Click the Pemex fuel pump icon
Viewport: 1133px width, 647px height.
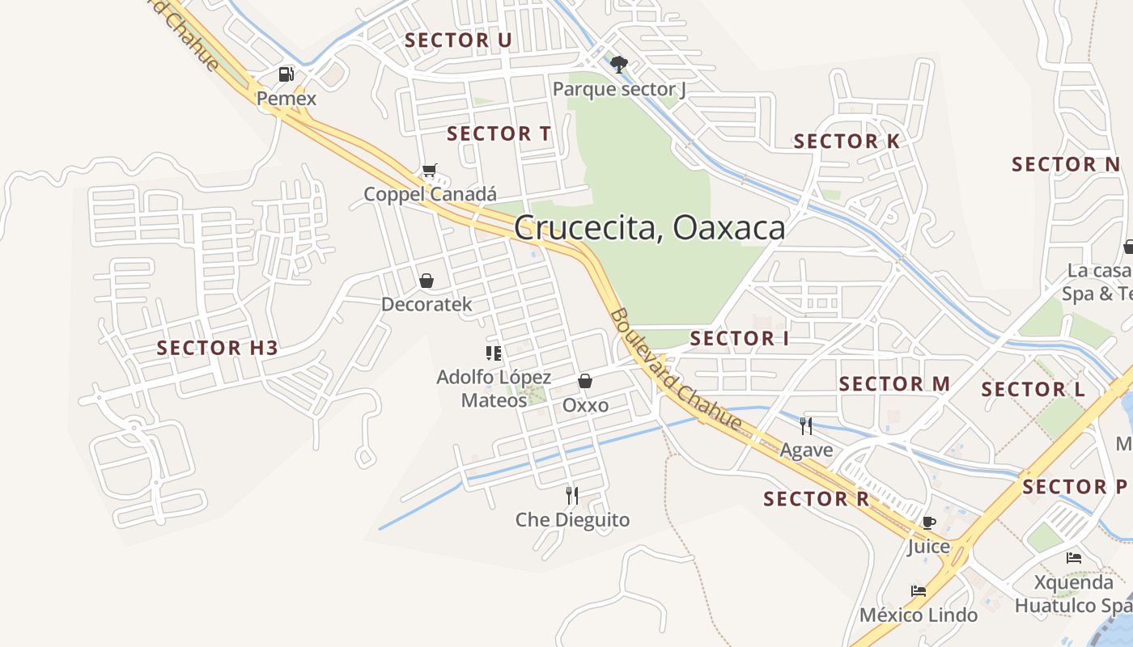[286, 74]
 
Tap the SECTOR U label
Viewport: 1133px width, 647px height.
[458, 40]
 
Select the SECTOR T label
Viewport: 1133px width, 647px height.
[499, 133]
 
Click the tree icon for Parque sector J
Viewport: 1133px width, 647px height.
[619, 65]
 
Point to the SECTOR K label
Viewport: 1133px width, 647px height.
[847, 142]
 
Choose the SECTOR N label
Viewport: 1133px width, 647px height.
[1066, 164]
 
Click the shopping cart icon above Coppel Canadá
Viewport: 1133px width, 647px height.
[429, 171]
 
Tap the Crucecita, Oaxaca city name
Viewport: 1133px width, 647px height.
[649, 228]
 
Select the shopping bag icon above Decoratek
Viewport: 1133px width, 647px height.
[426, 281]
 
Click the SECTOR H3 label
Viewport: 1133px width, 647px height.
[217, 348]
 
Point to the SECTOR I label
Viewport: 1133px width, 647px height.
[739, 338]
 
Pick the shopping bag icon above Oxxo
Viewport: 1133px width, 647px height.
[585, 381]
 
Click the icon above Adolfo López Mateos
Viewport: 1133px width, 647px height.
[493, 353]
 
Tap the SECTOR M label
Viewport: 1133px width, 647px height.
[894, 383]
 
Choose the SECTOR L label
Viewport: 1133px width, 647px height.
[1033, 389]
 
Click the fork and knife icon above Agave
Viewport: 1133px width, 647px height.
[806, 425]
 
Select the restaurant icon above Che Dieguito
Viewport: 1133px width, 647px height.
[572, 495]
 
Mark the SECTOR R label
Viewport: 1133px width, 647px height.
[816, 499]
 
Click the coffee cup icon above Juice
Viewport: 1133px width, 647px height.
[928, 522]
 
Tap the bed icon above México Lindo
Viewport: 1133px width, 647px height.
[919, 591]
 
